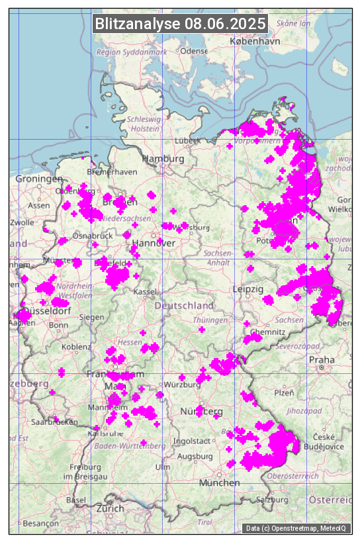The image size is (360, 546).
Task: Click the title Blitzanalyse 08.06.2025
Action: click(x=180, y=24)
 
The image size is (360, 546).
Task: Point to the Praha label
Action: click(x=321, y=359)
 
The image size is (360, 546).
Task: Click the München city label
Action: click(x=219, y=483)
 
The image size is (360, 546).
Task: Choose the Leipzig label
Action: click(x=248, y=289)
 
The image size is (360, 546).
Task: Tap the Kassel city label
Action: click(x=144, y=291)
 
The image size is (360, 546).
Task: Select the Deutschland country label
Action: click(x=184, y=306)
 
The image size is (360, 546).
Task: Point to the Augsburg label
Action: click(x=195, y=457)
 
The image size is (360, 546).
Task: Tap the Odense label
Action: click(x=194, y=51)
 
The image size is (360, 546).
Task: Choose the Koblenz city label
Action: click(x=76, y=347)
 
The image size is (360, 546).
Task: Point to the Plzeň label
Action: click(x=284, y=392)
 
